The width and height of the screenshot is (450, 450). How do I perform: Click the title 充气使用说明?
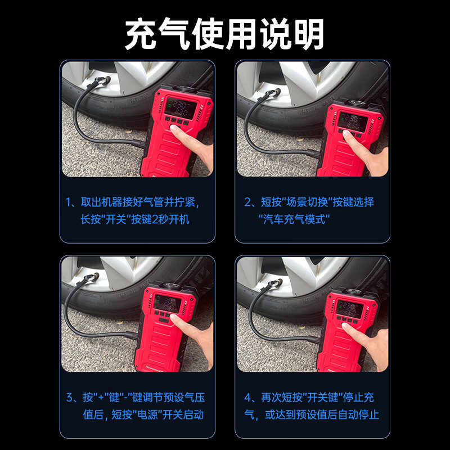pyautogui.click(x=224, y=33)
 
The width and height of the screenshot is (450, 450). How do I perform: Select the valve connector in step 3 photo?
pyautogui.click(x=91, y=277)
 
